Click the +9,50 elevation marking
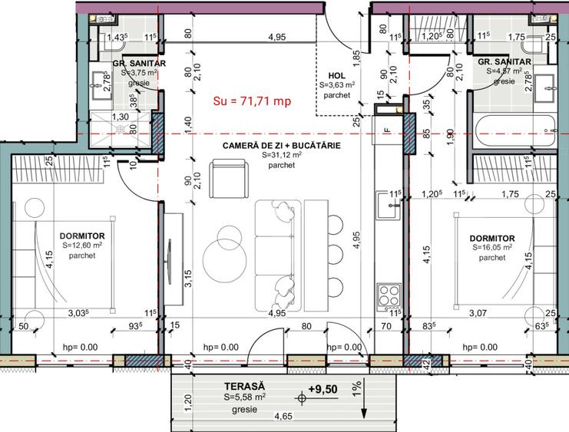323,389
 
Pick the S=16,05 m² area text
492,249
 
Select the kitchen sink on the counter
386,204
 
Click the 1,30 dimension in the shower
121,117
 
